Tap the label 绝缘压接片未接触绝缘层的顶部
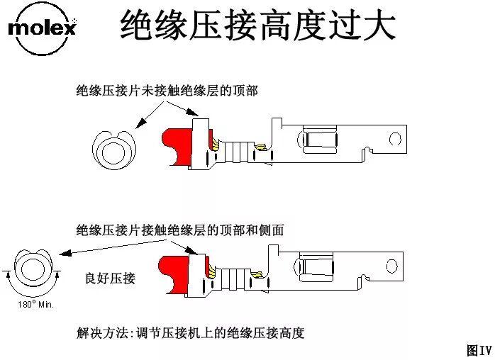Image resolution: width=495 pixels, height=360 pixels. pyautogui.click(x=167, y=91)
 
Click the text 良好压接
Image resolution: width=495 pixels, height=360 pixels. pyautogui.click(x=110, y=279)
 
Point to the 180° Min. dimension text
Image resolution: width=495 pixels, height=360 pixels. pyautogui.click(x=35, y=305)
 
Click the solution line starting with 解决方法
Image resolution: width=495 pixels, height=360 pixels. pyautogui.click(x=191, y=332)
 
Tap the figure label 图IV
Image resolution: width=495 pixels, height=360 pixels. pyautogui.click(x=479, y=350)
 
